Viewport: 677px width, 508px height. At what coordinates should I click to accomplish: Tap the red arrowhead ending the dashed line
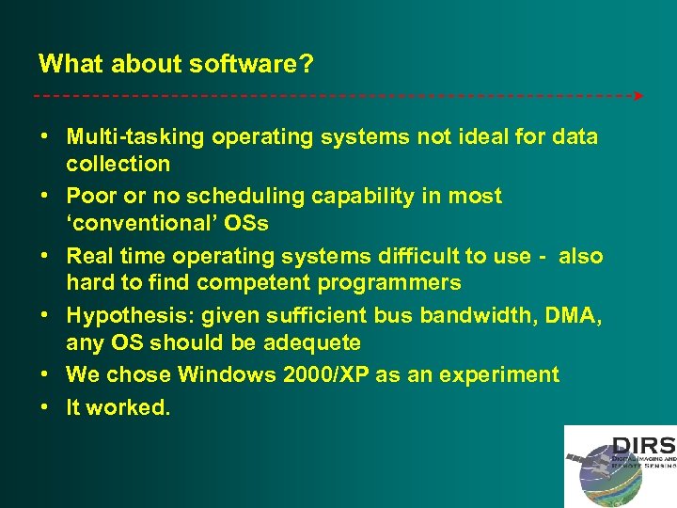(x=638, y=96)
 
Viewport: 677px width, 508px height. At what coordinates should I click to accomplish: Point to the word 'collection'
(x=118, y=164)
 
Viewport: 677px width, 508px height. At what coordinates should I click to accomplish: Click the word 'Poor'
(x=91, y=197)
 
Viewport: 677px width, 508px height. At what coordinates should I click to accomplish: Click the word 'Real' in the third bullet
(x=90, y=256)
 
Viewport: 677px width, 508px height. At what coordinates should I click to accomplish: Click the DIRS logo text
(x=643, y=446)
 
